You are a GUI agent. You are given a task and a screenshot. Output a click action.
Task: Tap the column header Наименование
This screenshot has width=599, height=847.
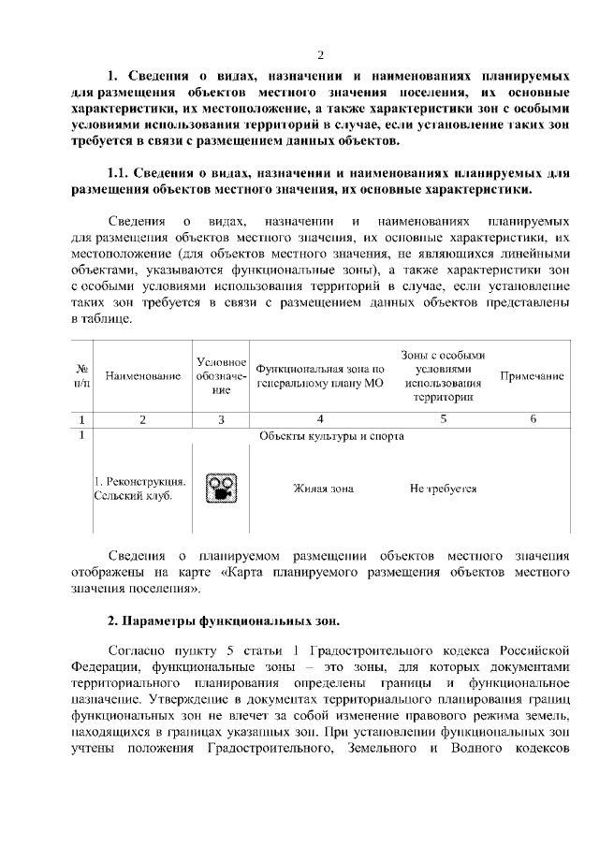point(143,376)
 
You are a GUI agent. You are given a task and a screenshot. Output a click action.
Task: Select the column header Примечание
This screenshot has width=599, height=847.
point(532,376)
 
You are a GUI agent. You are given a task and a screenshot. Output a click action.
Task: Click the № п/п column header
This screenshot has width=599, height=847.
point(81,376)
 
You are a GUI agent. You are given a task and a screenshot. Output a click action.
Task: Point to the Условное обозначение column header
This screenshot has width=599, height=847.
point(221,376)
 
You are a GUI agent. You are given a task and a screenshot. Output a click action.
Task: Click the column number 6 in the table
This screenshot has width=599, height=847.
point(532,419)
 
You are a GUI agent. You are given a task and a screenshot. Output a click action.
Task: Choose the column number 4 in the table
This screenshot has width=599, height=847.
point(320,419)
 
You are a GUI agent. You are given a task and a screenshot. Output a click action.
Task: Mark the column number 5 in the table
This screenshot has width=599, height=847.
point(443,419)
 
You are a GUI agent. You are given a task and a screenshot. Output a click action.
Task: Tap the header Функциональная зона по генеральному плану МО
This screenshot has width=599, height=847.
point(320,376)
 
